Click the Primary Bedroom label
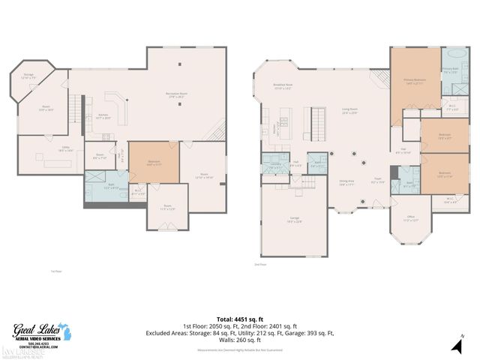click(x=415, y=84)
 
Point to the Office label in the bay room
click(x=410, y=220)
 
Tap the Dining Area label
click(x=346, y=182)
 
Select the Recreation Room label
click(x=177, y=95)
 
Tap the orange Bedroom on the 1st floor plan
click(x=154, y=163)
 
